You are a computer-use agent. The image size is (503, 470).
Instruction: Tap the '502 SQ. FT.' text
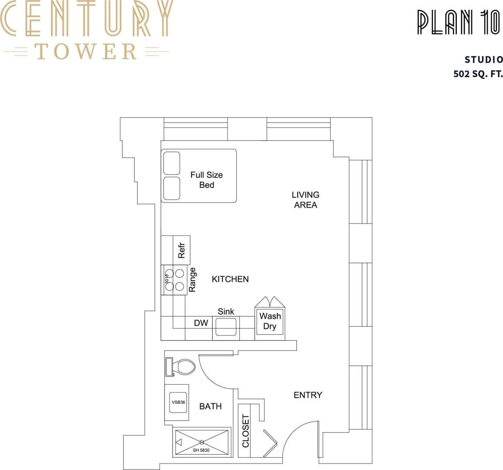click(478, 74)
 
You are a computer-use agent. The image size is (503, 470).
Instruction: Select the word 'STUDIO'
click(483, 60)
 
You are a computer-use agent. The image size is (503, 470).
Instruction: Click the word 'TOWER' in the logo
click(86, 51)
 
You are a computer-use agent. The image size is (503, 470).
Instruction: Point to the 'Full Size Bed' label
click(207, 180)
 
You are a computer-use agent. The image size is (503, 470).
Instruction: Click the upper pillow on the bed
click(172, 163)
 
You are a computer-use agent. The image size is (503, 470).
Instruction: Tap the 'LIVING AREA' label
click(305, 200)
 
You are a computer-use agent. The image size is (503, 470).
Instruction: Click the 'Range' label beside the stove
click(192, 280)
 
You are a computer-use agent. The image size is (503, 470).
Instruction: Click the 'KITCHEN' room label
click(230, 279)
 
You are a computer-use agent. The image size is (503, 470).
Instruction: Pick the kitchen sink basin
click(226, 327)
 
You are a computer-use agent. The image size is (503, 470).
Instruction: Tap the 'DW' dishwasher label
click(201, 323)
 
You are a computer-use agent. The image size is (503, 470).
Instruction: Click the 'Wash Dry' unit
click(270, 321)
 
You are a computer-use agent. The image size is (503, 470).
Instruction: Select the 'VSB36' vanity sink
click(178, 402)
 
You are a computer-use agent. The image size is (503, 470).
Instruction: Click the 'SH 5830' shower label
click(201, 450)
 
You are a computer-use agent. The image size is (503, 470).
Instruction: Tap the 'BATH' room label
click(211, 406)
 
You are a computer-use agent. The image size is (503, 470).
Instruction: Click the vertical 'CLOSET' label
click(245, 431)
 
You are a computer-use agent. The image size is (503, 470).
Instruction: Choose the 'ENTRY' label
click(308, 395)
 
